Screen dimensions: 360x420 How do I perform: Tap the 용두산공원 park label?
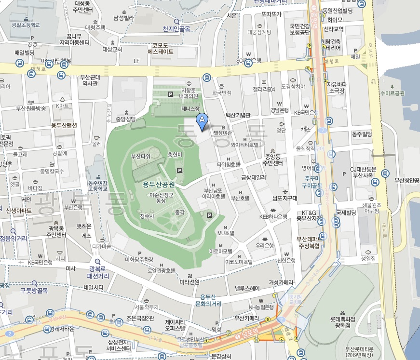click(159, 184)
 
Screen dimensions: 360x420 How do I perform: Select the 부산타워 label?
click(141, 157)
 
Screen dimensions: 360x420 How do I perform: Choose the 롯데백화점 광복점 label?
click(342, 321)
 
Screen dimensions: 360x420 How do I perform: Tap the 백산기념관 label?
click(238, 116)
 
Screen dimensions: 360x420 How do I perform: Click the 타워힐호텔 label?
click(229, 164)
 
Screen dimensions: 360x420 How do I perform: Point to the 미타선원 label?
click(189, 282)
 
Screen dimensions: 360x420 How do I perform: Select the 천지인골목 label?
click(176, 28)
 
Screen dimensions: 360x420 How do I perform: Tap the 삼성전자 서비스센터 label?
click(112, 345)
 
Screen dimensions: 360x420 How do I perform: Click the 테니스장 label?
click(190, 109)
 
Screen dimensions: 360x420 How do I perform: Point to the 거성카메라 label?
click(281, 282)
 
